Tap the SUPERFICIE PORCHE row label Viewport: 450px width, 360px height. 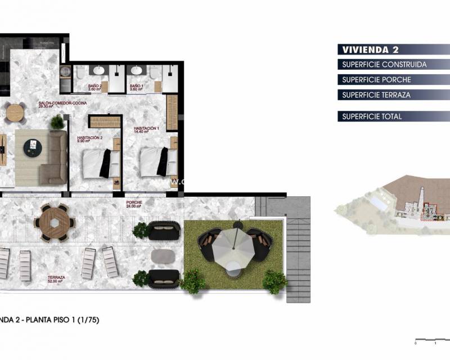(x=376, y=80)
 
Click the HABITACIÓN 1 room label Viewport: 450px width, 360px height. (x=146, y=130)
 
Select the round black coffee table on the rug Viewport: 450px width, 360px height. (x=33, y=148)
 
